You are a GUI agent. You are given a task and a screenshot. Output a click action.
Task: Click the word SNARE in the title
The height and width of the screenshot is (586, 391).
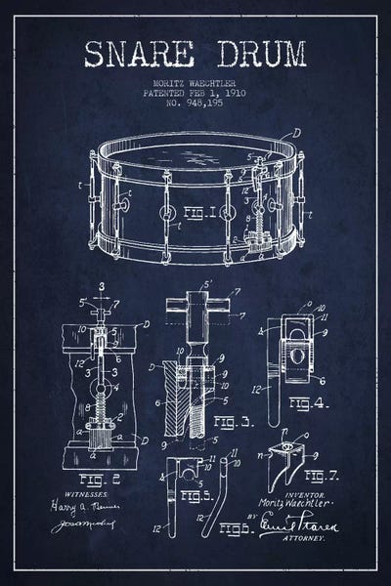click(x=139, y=56)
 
